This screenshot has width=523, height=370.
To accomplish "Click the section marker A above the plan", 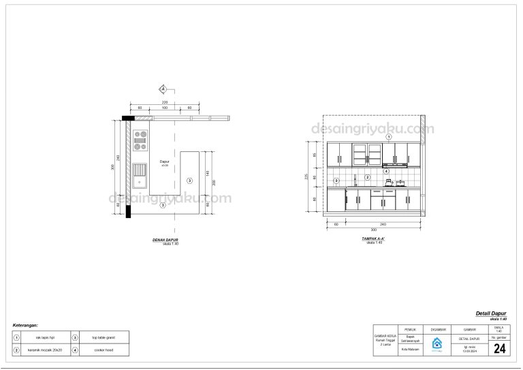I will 163,89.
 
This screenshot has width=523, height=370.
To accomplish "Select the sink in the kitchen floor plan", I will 140,174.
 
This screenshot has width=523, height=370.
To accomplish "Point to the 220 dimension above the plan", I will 164,102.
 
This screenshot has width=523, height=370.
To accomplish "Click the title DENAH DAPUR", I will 165,240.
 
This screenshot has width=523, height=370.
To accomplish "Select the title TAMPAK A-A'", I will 373,238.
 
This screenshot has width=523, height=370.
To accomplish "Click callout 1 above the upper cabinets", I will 389,137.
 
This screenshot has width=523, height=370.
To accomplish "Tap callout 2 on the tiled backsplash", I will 367,177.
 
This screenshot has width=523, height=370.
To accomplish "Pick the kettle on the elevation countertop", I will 389,183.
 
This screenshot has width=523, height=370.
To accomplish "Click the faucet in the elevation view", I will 355,182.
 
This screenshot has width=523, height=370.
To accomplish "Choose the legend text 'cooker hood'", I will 104,350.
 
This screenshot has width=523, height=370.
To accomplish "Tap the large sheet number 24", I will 499,349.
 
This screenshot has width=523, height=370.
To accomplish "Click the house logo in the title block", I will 437,343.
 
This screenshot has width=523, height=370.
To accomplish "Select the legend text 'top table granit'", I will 104,337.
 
